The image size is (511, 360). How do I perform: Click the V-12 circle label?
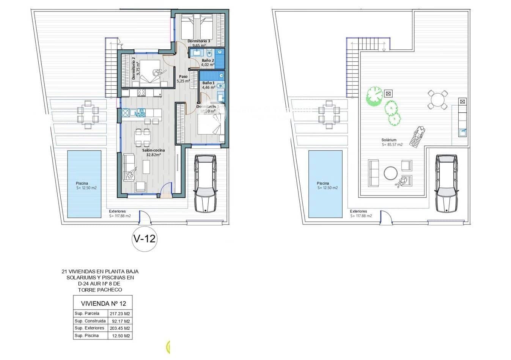pyautogui.click(x=144, y=239)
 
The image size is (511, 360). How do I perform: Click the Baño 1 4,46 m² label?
pyautogui.click(x=208, y=85)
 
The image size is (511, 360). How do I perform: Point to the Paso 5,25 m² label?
pyautogui.click(x=183, y=79)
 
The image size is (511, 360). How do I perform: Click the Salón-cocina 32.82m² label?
pyautogui.click(x=151, y=152)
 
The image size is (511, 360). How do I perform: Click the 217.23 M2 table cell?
pyautogui.click(x=120, y=314)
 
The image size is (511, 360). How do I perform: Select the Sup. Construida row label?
pyautogui.click(x=90, y=321)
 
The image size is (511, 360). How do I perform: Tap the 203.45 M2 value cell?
pyautogui.click(x=120, y=328)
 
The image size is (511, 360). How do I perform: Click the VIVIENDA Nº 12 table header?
pyautogui.click(x=102, y=303)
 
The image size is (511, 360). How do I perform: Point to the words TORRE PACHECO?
pyautogui.click(x=100, y=290)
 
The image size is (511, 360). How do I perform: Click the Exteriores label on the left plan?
pyautogui.click(x=117, y=211)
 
